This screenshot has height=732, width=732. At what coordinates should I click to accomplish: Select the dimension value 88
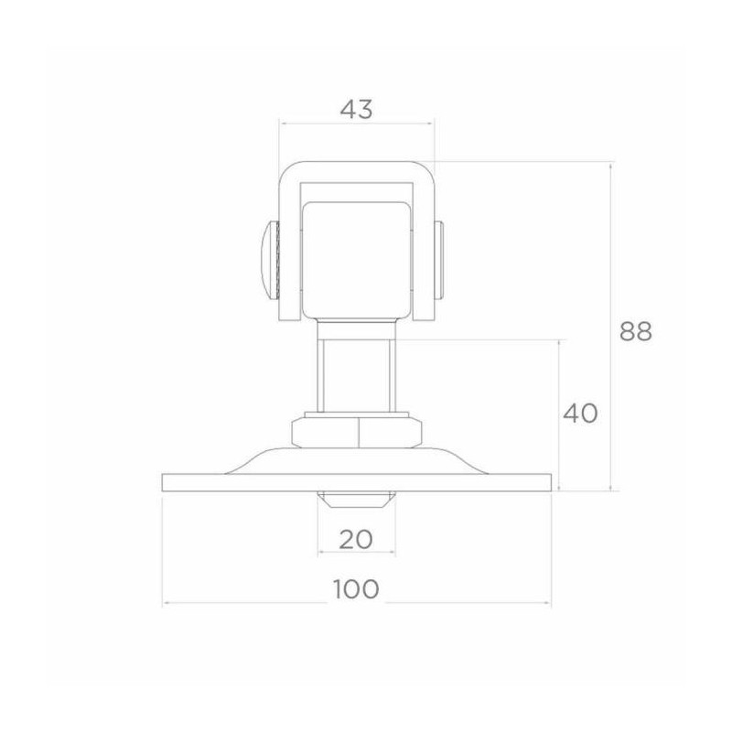pyautogui.click(x=635, y=331)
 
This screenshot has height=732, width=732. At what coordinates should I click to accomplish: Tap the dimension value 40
pyautogui.click(x=580, y=414)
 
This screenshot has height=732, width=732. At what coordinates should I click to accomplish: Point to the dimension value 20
pyautogui.click(x=357, y=539)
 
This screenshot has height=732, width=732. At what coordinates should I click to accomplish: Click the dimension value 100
pyautogui.click(x=357, y=588)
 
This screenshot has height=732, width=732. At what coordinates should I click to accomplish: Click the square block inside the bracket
pyautogui.click(x=357, y=256)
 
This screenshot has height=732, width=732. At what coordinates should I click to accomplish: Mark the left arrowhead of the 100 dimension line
pyautogui.click(x=166, y=604)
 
